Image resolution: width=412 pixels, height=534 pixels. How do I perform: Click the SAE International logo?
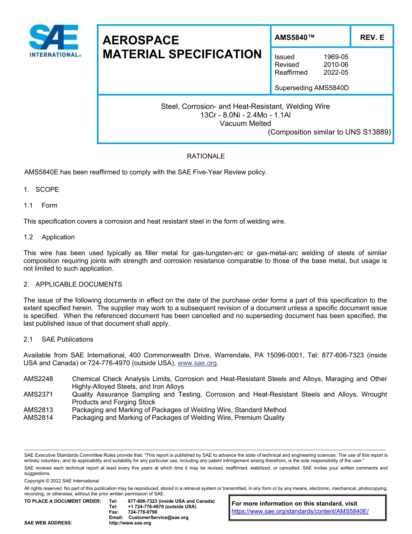pos(55,41)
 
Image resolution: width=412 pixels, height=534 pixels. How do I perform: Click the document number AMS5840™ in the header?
pos(294,38)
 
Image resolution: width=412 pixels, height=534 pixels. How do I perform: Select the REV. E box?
pos(372,38)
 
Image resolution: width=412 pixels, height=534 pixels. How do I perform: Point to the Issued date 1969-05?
pos(336,57)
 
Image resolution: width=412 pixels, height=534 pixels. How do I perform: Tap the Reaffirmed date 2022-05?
pos(336,73)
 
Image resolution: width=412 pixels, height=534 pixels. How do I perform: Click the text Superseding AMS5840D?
pos(311,88)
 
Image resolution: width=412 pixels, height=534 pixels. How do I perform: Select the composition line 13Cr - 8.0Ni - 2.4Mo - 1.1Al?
pos(245,115)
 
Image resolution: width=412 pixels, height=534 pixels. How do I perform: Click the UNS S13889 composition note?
pos(329,132)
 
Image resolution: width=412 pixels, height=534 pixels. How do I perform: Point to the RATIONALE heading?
pos(206,156)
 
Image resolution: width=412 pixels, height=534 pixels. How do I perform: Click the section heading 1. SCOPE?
pos(41,190)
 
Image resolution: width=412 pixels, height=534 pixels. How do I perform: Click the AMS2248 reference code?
pos(38,379)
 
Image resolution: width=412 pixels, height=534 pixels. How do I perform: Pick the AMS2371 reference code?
pos(38,395)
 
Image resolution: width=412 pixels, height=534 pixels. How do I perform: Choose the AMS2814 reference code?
pos(38,418)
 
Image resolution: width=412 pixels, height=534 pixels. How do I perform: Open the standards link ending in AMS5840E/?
pos(300,511)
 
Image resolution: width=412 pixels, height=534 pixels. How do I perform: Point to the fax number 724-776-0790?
pos(143,512)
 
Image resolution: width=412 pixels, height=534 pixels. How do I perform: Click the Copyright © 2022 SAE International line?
pos(62,481)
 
